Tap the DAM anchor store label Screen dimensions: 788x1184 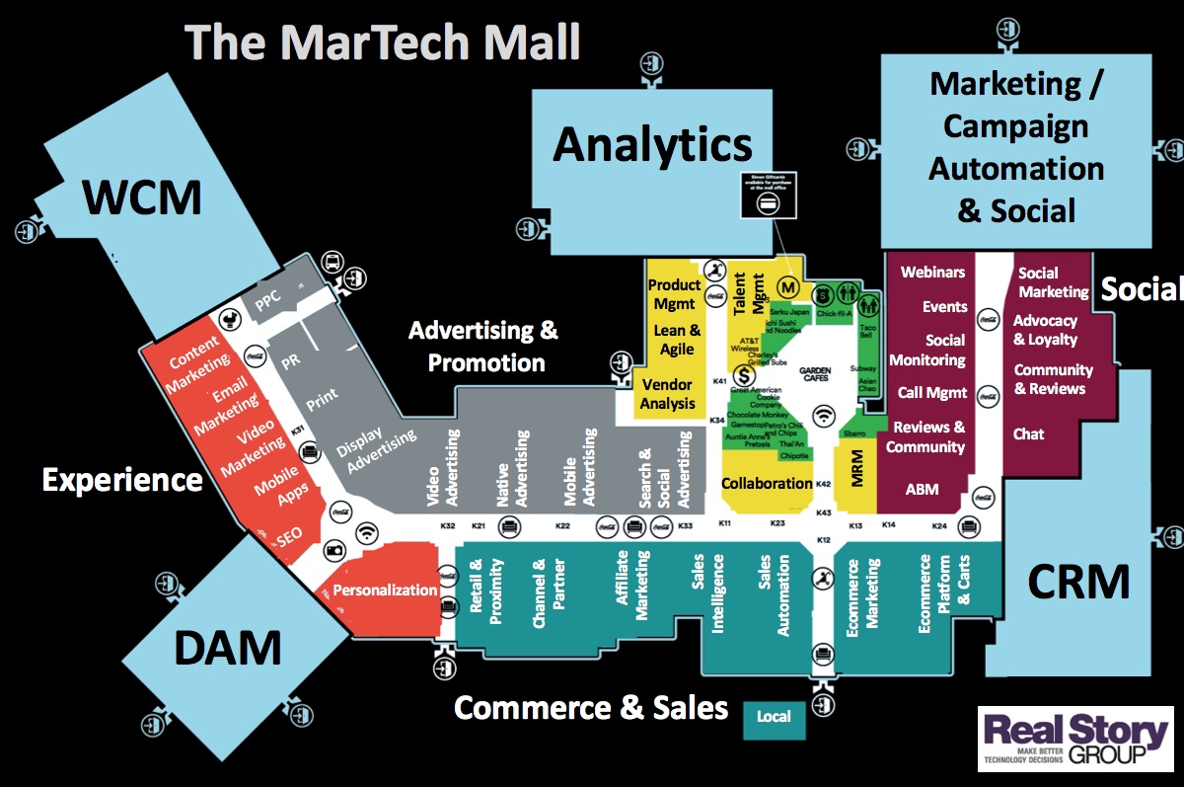click(228, 648)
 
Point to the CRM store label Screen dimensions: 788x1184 click(1078, 582)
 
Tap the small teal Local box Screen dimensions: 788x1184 click(774, 717)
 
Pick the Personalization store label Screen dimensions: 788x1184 click(385, 591)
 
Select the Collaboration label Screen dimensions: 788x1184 click(766, 484)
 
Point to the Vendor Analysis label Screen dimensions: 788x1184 click(668, 393)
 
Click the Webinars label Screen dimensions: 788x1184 click(932, 272)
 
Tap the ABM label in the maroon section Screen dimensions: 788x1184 click(922, 489)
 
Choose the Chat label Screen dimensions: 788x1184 click(1028, 433)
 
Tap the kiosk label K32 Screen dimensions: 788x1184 click(448, 527)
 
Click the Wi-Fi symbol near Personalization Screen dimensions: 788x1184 click(368, 533)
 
